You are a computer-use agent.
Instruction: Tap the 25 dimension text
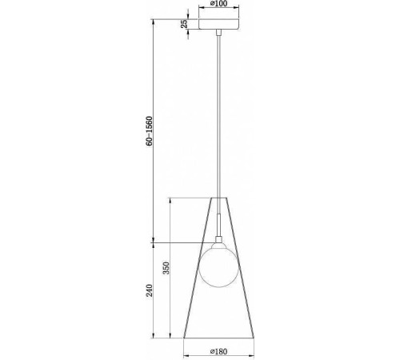tap(184, 25)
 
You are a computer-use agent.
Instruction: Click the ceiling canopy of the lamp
tap(218, 26)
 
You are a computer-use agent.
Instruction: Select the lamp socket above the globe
tap(217, 242)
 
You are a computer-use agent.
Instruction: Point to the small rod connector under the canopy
tap(218, 34)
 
